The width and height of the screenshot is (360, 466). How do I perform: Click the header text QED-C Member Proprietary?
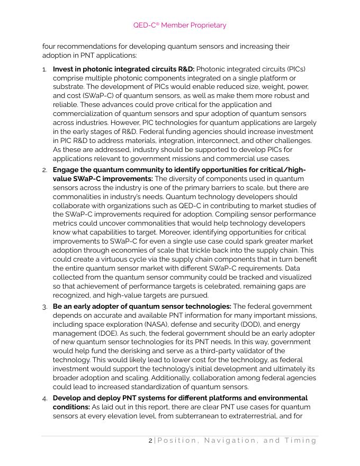point(179,25)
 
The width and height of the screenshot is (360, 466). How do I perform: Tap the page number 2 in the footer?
point(150,441)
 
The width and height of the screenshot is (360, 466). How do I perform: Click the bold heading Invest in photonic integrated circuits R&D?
point(123,69)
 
